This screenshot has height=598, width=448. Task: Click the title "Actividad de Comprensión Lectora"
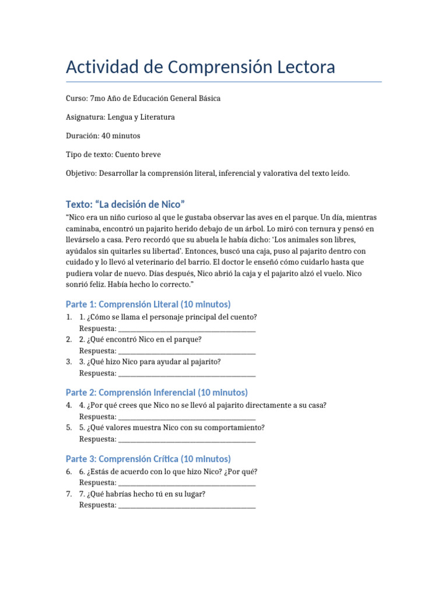point(200,67)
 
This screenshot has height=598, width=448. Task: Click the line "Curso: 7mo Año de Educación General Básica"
point(143,99)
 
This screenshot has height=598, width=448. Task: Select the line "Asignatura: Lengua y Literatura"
point(120,117)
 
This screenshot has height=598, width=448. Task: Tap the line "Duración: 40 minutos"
point(103,136)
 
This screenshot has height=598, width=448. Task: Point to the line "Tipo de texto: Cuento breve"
point(113,155)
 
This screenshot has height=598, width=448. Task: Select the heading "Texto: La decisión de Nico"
point(125,204)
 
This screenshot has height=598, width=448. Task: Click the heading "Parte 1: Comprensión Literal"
point(148,304)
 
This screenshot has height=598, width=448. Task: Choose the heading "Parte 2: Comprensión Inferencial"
point(156,392)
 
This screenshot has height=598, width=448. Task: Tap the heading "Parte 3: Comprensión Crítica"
point(148,458)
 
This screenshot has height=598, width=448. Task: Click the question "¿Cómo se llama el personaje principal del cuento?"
point(172,317)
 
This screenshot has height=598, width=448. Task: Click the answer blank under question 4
point(187,417)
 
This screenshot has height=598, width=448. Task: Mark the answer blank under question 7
point(187,505)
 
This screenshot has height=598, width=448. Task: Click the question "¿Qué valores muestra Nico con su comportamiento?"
point(176,427)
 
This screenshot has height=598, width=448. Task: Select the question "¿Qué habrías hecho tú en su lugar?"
point(146,494)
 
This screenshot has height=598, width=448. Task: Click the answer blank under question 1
point(187,329)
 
